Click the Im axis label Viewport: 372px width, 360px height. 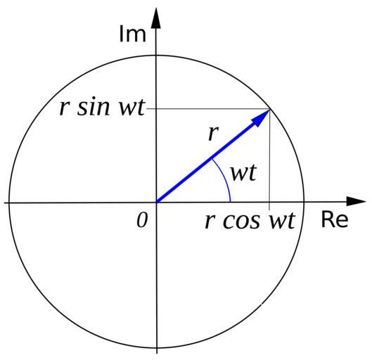132,34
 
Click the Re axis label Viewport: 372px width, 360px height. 335,219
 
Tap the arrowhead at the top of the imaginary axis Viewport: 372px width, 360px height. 156,18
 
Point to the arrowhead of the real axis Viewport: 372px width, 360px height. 356,201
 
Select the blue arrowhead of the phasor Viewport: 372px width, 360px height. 262,118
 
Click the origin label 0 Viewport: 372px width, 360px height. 142,220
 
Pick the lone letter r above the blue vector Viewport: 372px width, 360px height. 212,134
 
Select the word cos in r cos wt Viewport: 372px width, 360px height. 241,221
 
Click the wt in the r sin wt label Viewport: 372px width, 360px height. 132,107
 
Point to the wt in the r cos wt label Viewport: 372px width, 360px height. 282,221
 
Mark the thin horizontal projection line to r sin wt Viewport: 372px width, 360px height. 208,109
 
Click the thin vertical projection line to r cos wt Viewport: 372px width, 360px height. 269,160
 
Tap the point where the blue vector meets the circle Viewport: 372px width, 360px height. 270,109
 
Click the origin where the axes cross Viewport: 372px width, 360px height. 156,202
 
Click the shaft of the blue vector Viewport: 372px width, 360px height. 206,162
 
